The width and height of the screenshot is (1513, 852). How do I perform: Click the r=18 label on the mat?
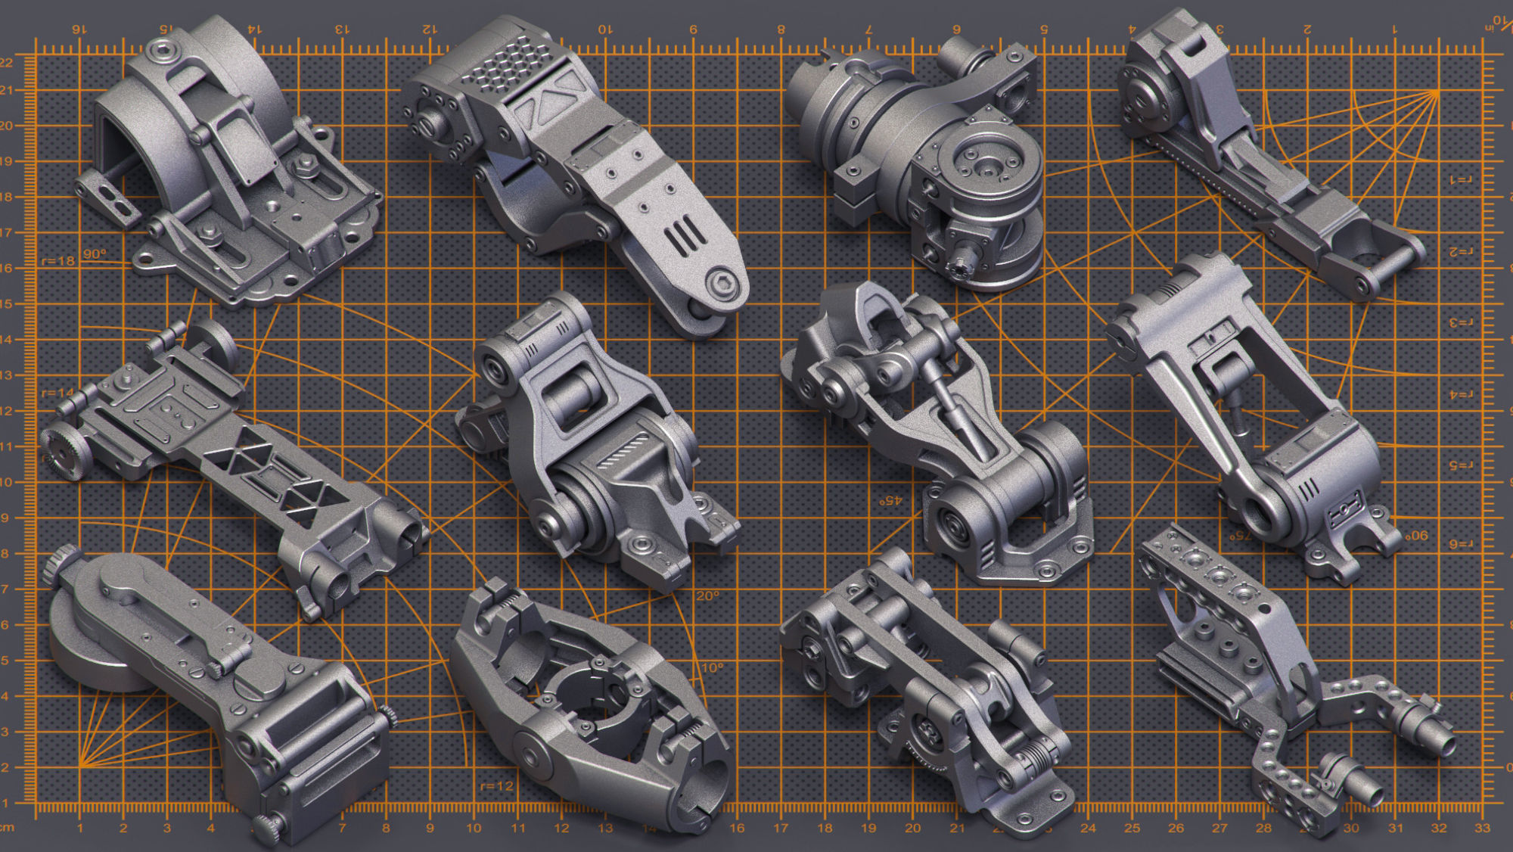pyautogui.click(x=58, y=261)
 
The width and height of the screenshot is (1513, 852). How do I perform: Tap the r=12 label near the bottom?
pyautogui.click(x=496, y=786)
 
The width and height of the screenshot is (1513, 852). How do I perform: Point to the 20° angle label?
pyautogui.click(x=707, y=596)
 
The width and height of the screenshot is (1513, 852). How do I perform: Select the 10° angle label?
pyautogui.click(x=712, y=668)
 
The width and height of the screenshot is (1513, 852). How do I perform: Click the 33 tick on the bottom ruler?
pyautogui.click(x=1482, y=828)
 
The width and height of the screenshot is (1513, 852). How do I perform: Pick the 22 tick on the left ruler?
pyautogui.click(x=7, y=63)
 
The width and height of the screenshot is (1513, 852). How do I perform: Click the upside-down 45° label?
pyautogui.click(x=890, y=501)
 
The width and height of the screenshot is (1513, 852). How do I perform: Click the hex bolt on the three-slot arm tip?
pyautogui.click(x=722, y=285)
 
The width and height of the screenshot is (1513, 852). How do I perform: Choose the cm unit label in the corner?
pyautogui.click(x=7, y=828)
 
